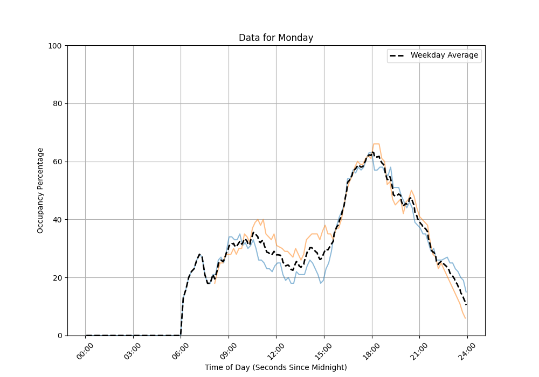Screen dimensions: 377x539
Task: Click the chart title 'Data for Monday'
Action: click(x=276, y=38)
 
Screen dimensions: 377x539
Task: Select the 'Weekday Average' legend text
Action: click(x=444, y=55)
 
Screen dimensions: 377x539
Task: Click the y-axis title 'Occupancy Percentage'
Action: click(x=40, y=190)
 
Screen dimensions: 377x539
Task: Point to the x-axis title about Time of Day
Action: click(x=276, y=367)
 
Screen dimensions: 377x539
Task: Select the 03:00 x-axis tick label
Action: click(x=133, y=350)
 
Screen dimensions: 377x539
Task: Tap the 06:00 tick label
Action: click(x=181, y=350)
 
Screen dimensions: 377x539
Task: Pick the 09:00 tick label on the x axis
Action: click(x=228, y=350)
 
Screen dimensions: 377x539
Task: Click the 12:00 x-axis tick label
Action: click(x=276, y=350)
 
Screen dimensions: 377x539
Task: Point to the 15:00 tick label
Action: click(x=323, y=350)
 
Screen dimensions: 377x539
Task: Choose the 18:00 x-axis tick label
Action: click(x=371, y=350)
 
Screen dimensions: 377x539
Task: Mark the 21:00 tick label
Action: click(x=419, y=350)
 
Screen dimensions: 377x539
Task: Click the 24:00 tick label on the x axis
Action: click(x=467, y=350)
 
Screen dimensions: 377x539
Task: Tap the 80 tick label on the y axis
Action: click(x=58, y=103)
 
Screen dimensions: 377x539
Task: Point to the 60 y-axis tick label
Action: click(x=58, y=162)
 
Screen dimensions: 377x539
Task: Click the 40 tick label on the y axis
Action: click(x=58, y=220)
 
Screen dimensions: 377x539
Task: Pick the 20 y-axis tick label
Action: click(x=58, y=277)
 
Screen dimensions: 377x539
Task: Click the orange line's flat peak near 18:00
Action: click(x=376, y=144)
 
